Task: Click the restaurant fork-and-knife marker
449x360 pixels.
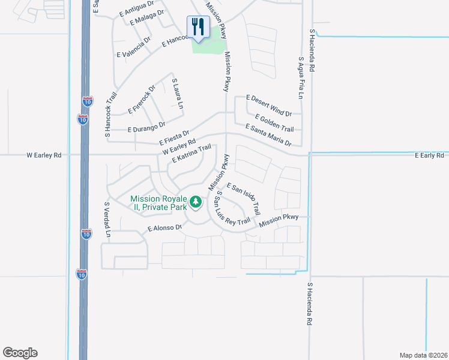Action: point(197,27)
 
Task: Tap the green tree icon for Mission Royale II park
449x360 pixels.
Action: point(195,202)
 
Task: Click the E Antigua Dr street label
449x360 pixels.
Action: point(137,8)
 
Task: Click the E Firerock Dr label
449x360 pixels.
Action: point(142,100)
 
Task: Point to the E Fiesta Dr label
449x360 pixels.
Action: point(175,137)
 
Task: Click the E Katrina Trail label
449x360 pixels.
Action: point(191,153)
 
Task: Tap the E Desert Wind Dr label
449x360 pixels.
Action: point(269,106)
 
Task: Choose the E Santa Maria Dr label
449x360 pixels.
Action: point(268,134)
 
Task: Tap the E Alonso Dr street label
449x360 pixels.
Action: point(164,228)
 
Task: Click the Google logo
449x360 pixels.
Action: point(20,353)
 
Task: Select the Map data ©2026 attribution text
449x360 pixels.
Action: point(423,355)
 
